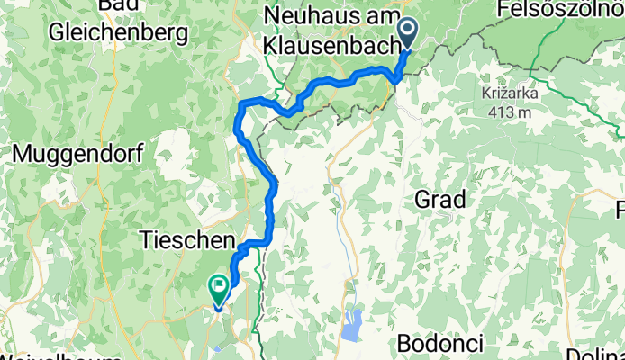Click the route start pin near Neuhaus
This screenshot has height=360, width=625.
pyautogui.click(x=408, y=33)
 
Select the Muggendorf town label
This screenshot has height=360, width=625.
pyautogui.click(x=77, y=154)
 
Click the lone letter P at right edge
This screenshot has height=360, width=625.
pyautogui.click(x=620, y=211)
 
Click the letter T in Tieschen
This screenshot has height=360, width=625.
pyautogui.click(x=146, y=240)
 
